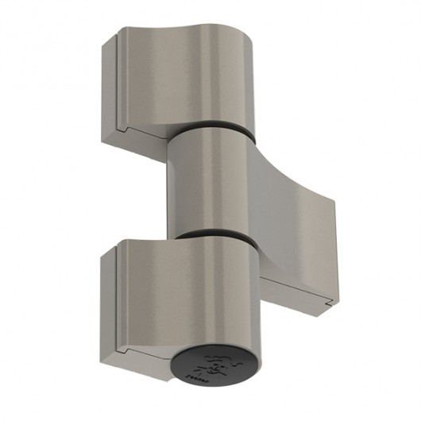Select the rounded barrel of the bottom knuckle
[222, 294]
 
